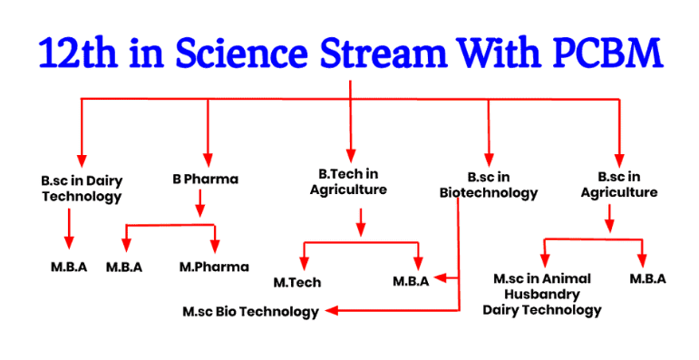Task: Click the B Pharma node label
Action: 206,179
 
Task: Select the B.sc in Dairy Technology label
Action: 81,188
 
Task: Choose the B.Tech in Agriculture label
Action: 348,181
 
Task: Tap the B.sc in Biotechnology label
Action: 489,184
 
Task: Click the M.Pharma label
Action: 214,267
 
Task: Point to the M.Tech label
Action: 297,282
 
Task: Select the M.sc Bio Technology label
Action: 250,312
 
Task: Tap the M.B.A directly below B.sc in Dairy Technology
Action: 69,267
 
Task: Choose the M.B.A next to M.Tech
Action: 411,281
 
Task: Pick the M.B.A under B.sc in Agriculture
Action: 647,278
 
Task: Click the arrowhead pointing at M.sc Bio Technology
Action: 332,311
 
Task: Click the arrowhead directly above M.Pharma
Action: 215,246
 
